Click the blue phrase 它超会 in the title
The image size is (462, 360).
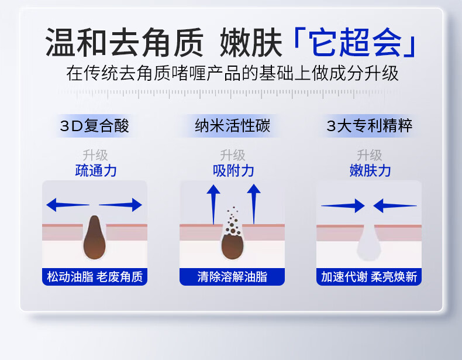pos(356,42)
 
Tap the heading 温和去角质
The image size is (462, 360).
pos(125,42)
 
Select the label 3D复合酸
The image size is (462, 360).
pos(95,126)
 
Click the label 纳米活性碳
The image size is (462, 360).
pos(233,126)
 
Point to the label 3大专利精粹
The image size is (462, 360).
pos(369,126)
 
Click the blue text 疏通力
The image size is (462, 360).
pos(96,171)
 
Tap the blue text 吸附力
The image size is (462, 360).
pos(233,171)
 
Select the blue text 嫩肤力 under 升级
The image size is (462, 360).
pos(370,171)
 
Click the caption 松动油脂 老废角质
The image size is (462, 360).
pos(95,277)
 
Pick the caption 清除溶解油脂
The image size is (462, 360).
pos(232,277)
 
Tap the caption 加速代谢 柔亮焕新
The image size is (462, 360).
pos(369,277)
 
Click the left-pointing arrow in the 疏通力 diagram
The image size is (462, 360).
pos(68,205)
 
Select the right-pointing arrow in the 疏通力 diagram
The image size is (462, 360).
pos(120,205)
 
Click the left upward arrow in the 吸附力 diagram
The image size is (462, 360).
pos(213,204)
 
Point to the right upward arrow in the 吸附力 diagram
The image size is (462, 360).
pos(254,204)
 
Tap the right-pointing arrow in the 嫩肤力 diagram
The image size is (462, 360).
pos(343,205)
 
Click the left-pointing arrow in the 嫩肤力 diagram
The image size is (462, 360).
pos(395,205)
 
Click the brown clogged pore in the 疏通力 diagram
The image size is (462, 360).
pos(94,237)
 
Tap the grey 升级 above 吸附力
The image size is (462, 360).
pos(233,155)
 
